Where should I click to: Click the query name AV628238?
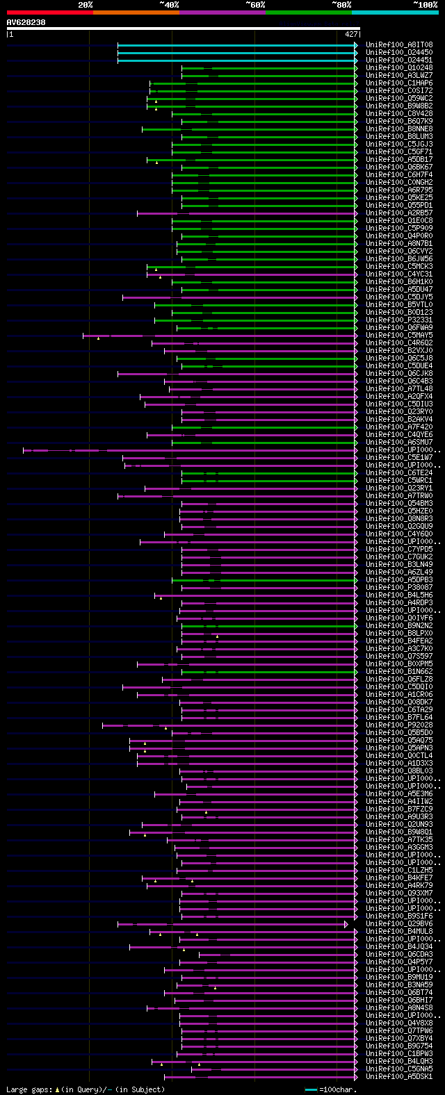26,22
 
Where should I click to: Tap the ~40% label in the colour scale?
169,5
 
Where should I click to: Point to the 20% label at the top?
86,5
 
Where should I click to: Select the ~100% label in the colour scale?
425,5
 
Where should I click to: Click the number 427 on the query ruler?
351,33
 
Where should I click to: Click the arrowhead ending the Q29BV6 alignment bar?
346,924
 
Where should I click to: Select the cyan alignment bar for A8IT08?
236,45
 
